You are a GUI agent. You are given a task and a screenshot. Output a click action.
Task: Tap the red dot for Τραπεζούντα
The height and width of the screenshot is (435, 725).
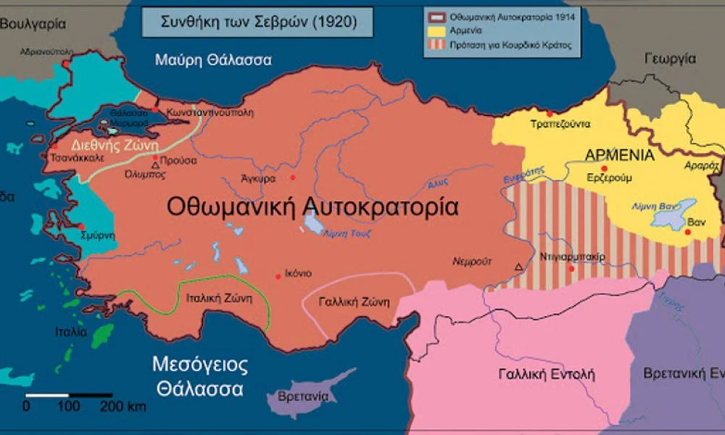coord(550,114)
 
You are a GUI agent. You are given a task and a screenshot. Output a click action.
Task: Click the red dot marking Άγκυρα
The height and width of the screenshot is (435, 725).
coord(293,178)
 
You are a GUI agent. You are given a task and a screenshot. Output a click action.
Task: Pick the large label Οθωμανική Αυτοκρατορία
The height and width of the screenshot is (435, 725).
coord(312,207)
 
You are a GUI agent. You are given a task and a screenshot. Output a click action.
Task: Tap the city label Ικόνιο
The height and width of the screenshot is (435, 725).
coord(298,273)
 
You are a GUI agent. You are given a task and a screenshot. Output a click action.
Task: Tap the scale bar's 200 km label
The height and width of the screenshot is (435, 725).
coord(123,406)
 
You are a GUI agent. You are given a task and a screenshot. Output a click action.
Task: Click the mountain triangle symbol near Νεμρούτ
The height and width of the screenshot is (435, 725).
coord(518,268)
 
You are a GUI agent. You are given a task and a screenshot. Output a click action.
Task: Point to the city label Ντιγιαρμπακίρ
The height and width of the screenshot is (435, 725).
coord(573,257)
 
